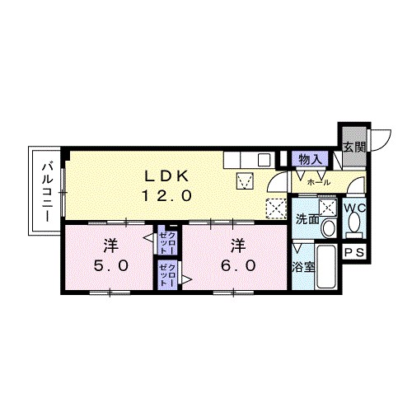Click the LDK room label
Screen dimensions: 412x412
pos(166,176)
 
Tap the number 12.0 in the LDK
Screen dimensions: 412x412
pos(166,196)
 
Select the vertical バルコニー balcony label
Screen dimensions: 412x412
pos(47,192)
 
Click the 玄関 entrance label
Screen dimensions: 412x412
pos(354,147)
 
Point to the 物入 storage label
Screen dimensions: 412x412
pos(310,159)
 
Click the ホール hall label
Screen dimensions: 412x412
pos(319,182)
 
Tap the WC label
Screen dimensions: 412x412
pos(354,208)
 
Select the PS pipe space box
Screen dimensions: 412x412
pos(354,252)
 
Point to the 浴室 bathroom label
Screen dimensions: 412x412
pos(303,267)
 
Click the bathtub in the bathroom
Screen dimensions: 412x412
pos(326,266)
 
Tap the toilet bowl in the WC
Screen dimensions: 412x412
pos(354,222)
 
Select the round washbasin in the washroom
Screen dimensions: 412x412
pos(328,228)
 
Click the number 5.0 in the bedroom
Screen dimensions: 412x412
pos(111,265)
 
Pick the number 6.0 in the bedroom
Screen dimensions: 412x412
pos(238,265)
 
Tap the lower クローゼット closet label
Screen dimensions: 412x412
pos(167,275)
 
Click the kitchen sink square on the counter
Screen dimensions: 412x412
pos(265,160)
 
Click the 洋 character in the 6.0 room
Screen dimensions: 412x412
pos(238,246)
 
